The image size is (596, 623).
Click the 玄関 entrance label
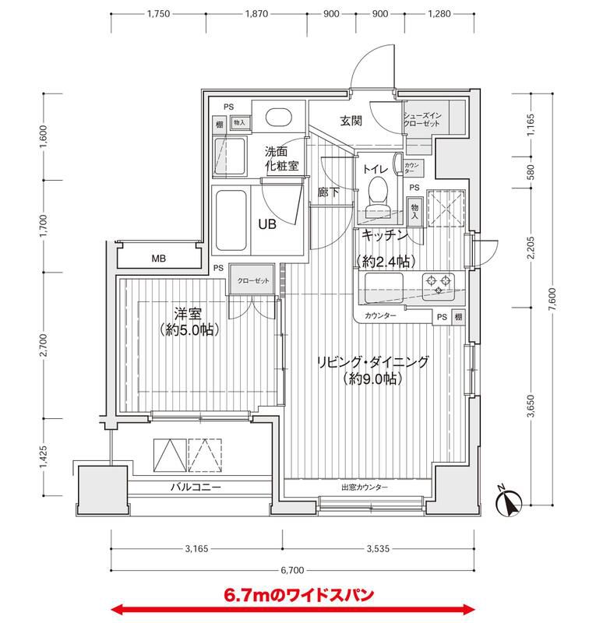[349, 121]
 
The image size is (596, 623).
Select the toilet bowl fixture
[378, 190]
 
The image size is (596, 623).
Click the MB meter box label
[158, 259]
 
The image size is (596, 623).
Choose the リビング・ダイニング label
[372, 362]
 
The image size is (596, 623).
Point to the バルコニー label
[196, 487]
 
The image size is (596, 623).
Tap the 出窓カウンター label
[364, 487]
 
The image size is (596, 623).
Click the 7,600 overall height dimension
[552, 300]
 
